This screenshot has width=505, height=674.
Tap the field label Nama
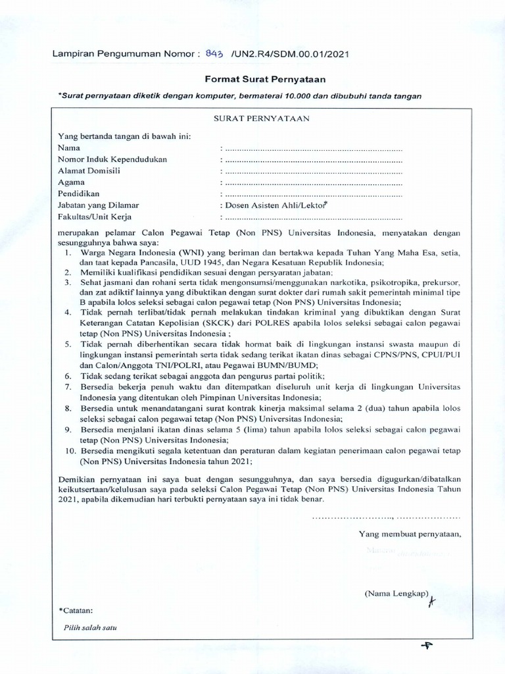[68, 148]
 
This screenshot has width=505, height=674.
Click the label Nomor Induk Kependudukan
[112, 159]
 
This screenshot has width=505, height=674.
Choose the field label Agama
[72, 182]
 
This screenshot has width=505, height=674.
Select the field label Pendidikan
[78, 194]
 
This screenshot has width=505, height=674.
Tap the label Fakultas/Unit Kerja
[95, 217]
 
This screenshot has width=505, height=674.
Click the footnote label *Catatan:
[76, 609]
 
